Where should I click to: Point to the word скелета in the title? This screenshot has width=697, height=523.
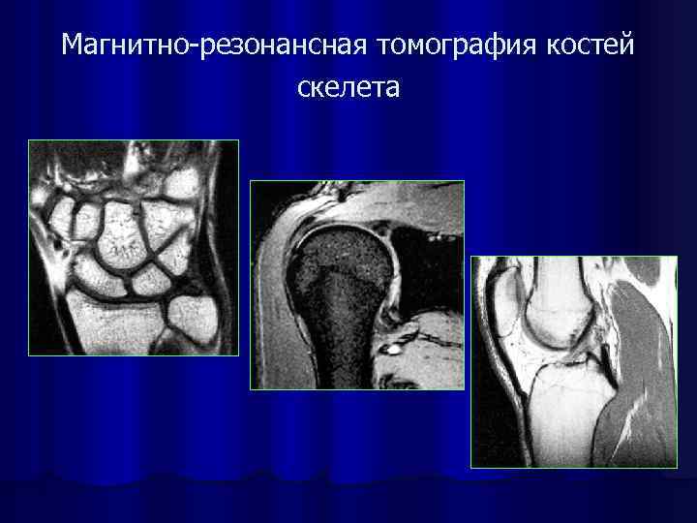(x=348, y=88)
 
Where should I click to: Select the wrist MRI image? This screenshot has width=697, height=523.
(x=134, y=248)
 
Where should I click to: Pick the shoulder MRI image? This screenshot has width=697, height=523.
(x=357, y=285)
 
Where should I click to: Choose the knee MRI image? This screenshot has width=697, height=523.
(x=573, y=361)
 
